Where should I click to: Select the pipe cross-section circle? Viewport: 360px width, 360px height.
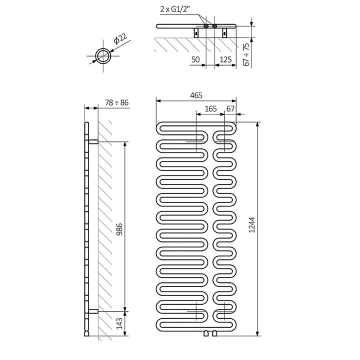[x=104, y=55]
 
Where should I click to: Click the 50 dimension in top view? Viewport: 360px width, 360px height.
[x=195, y=59]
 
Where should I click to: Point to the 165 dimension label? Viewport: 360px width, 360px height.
[x=210, y=108]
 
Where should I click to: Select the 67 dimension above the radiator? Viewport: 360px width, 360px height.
[x=230, y=108]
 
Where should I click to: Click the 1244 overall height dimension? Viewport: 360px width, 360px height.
[x=252, y=227]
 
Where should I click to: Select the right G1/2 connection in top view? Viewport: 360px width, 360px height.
[x=214, y=26]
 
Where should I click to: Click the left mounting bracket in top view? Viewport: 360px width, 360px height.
[x=195, y=33]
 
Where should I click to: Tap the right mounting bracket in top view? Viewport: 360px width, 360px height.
[x=224, y=33]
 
